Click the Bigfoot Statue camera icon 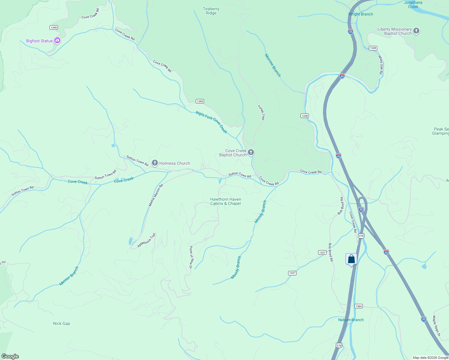click(57, 40)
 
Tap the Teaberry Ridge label click(211, 11)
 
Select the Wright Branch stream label click(360, 14)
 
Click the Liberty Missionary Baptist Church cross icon click(416, 31)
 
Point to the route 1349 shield click(373, 48)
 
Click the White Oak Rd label click(381, 64)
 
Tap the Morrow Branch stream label click(273, 65)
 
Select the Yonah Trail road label click(261, 112)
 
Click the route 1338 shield click(304, 115)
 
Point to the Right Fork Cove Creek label click(211, 122)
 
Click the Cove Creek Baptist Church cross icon click(251, 152)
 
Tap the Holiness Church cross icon click(155, 163)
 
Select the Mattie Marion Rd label click(156, 195)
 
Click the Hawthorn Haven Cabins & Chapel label click(225, 201)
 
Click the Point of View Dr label click(191, 257)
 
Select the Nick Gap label click(62, 323)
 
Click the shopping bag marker click(351, 259)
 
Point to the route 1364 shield click(358, 306)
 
